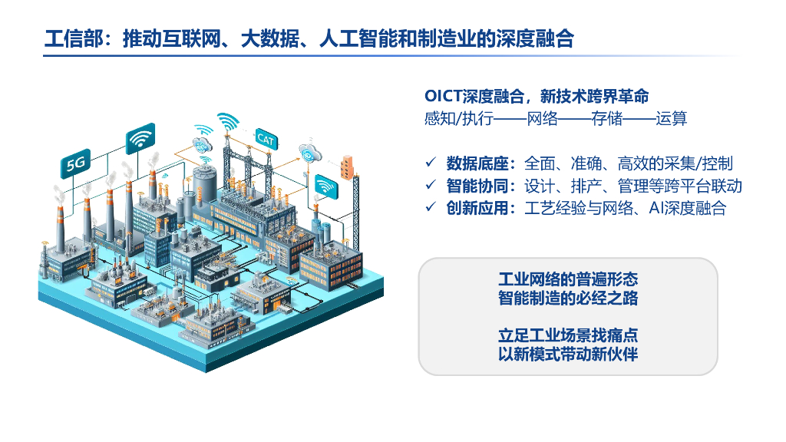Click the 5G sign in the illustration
coord(75,163)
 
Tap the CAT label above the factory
coord(266,139)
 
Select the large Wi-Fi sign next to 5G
coord(140,139)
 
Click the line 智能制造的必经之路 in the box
coord(568,299)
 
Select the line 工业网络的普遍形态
coord(568,279)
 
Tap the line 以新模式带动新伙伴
coord(568,355)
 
